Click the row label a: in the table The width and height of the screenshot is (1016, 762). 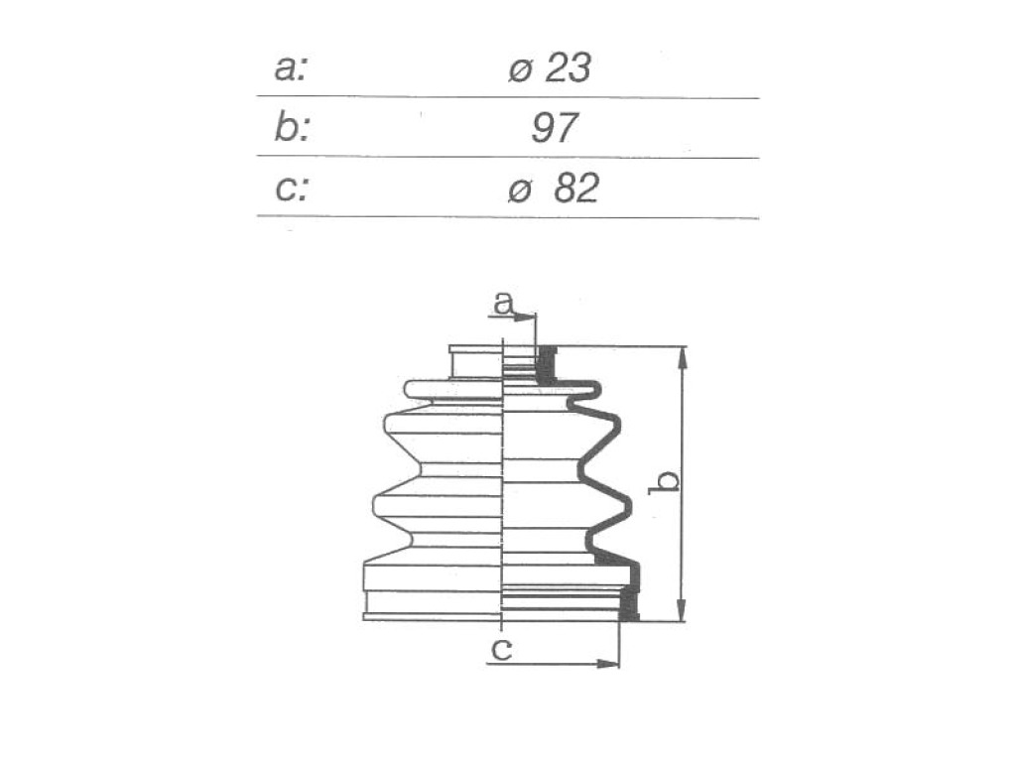(290, 68)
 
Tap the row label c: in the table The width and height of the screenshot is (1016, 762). (292, 189)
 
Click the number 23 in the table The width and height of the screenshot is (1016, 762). (569, 68)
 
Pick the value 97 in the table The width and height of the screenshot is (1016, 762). (554, 128)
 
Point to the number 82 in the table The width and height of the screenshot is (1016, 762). (576, 189)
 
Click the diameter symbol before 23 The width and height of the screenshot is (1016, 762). (520, 71)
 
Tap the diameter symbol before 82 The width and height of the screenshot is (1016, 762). (520, 191)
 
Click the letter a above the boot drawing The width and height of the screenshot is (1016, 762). (503, 303)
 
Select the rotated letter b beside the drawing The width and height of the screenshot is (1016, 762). (664, 481)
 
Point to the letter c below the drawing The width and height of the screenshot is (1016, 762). (501, 649)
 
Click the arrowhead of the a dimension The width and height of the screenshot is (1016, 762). (526, 317)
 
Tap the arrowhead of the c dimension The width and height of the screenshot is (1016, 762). (608, 664)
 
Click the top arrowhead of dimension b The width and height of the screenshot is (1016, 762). (682, 359)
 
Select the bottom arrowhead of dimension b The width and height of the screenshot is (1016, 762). (682, 609)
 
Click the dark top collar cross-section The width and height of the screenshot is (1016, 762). (547, 365)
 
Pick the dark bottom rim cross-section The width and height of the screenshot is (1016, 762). (628, 603)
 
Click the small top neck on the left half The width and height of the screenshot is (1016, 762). (476, 361)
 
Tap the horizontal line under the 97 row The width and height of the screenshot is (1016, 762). (508, 157)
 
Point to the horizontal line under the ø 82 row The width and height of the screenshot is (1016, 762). (508, 217)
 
